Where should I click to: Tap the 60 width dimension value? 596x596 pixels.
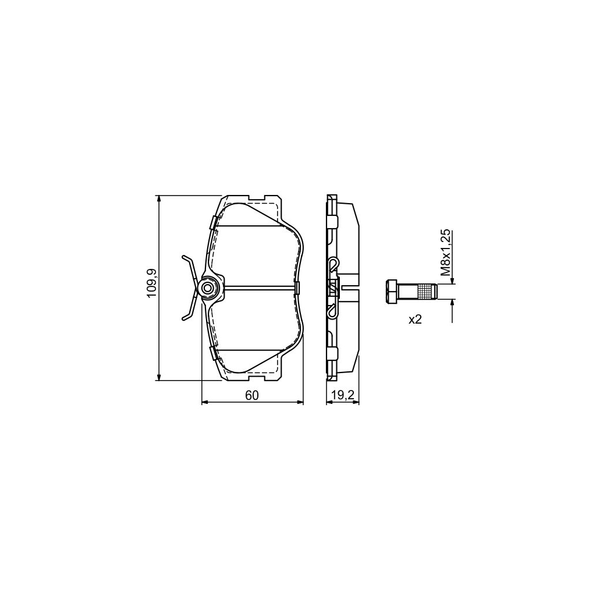251,396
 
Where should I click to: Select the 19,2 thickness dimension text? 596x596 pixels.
343,396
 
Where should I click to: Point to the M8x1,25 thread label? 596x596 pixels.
445,253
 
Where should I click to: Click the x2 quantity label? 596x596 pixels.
415,320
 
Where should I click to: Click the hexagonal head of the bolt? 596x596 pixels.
392,292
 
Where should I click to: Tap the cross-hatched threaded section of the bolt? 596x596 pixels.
426,292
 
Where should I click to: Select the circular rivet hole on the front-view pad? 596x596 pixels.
208,288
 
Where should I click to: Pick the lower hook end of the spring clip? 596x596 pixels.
185,317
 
